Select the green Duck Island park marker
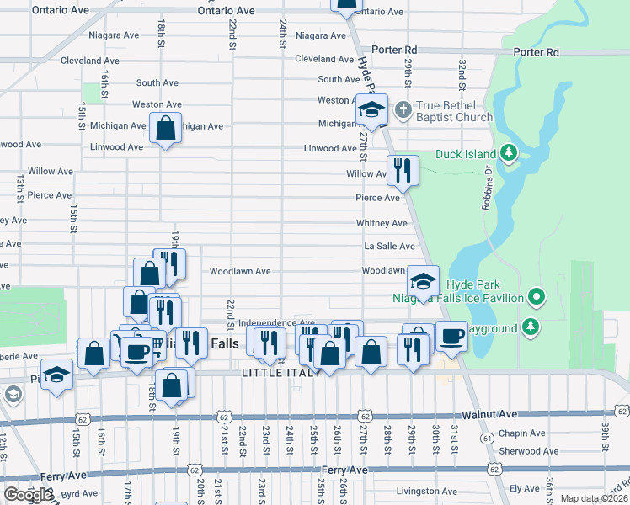(508, 153)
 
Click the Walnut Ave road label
(488, 416)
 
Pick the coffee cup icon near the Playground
(451, 336)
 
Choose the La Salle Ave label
(389, 246)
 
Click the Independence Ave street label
(276, 322)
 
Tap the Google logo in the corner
(28, 495)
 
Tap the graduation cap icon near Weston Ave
(371, 109)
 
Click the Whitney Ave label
(382, 223)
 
